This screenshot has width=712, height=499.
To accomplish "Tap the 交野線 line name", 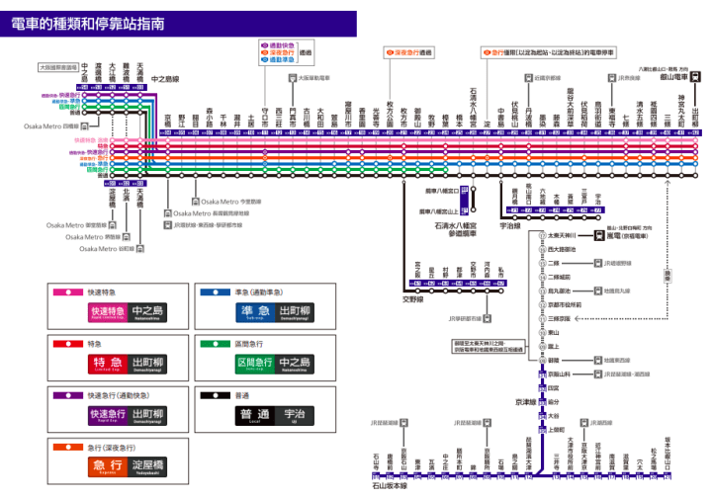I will pyautogui.click(x=412, y=296).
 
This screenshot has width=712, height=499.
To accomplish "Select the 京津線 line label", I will pyautogui.click(x=526, y=402).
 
